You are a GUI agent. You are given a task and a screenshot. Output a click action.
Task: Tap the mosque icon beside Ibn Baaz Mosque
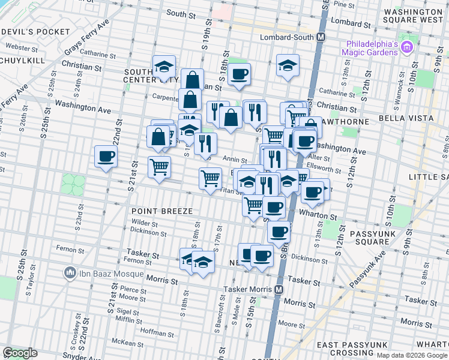70,274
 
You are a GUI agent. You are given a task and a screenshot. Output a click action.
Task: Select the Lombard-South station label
287,37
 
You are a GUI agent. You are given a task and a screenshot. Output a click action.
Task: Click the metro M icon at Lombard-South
321,37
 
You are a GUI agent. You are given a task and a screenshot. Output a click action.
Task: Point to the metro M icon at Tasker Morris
279,289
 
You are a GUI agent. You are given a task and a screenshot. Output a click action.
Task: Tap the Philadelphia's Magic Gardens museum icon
406,46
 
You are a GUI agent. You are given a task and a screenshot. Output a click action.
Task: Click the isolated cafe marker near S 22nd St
106,158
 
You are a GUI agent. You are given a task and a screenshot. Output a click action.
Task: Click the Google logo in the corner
20,353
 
